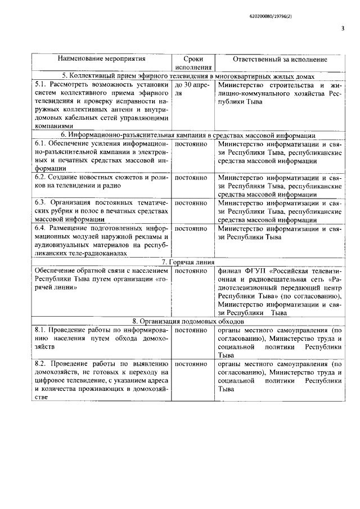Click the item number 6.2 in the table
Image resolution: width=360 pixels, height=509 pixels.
40,177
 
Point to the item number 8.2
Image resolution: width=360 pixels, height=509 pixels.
40,364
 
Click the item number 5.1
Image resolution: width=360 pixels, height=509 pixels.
40,84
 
